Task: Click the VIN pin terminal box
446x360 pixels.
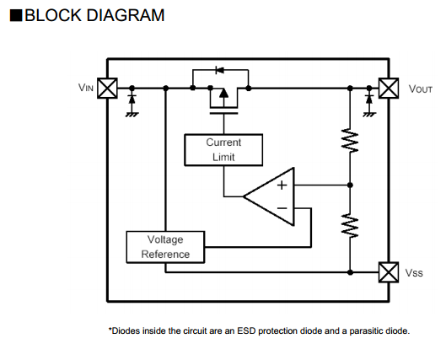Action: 107,89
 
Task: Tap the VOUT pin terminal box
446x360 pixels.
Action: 389,89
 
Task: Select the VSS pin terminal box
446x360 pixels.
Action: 389,272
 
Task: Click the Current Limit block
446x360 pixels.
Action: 223,150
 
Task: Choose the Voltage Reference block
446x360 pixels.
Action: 165,247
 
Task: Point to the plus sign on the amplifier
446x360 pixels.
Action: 282,185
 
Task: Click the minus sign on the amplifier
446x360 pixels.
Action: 282,208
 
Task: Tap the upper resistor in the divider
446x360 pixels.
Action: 350,140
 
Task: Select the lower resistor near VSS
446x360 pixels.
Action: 350,225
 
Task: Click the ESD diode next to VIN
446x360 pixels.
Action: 132,99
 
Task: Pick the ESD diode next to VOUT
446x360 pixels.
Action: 369,99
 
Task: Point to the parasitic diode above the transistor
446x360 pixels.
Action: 219,70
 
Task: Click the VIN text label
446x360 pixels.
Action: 86,88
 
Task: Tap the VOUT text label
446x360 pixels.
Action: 421,89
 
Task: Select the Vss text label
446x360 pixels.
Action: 414,273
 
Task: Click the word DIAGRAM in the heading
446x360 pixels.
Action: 126,15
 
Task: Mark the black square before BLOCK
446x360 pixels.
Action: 16,16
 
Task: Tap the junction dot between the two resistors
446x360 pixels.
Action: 350,185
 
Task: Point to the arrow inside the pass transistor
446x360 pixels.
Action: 223,93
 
